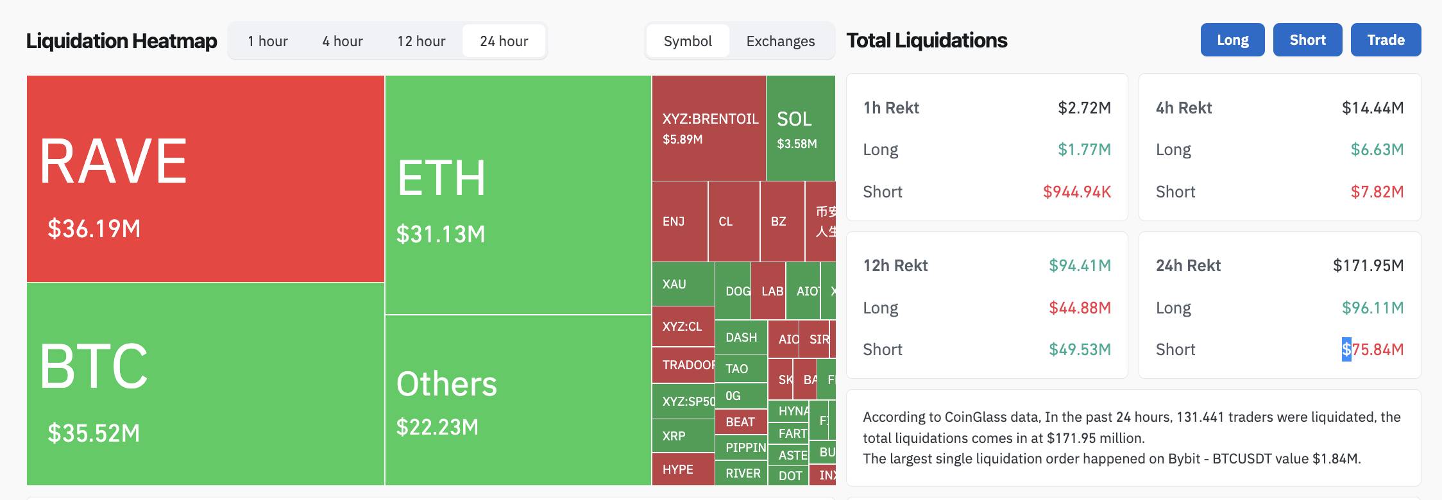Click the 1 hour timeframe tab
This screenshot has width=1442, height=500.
[x=267, y=41]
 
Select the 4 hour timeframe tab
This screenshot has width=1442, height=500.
[x=343, y=41]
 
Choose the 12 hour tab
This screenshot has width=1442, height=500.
[x=421, y=41]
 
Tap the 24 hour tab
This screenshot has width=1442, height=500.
[x=504, y=41]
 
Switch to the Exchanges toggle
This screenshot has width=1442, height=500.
[x=780, y=41]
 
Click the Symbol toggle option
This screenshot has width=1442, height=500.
[x=688, y=41]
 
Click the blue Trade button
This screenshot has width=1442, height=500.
[x=1386, y=40]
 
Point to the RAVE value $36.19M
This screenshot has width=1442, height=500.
[x=94, y=229]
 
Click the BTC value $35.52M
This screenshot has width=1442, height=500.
[x=94, y=433]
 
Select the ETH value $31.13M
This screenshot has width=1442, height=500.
[x=441, y=234]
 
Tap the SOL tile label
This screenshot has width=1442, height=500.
[x=794, y=119]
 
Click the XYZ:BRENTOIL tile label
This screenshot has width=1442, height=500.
[x=710, y=119]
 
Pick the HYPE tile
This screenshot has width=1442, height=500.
[x=677, y=469]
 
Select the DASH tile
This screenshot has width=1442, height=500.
[x=741, y=337]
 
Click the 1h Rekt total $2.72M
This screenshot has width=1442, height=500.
[x=1084, y=108]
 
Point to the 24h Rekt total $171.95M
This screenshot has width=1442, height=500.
[x=1368, y=265]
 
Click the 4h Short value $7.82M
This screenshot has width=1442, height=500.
[x=1377, y=192]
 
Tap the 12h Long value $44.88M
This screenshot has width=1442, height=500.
[x=1080, y=308]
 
